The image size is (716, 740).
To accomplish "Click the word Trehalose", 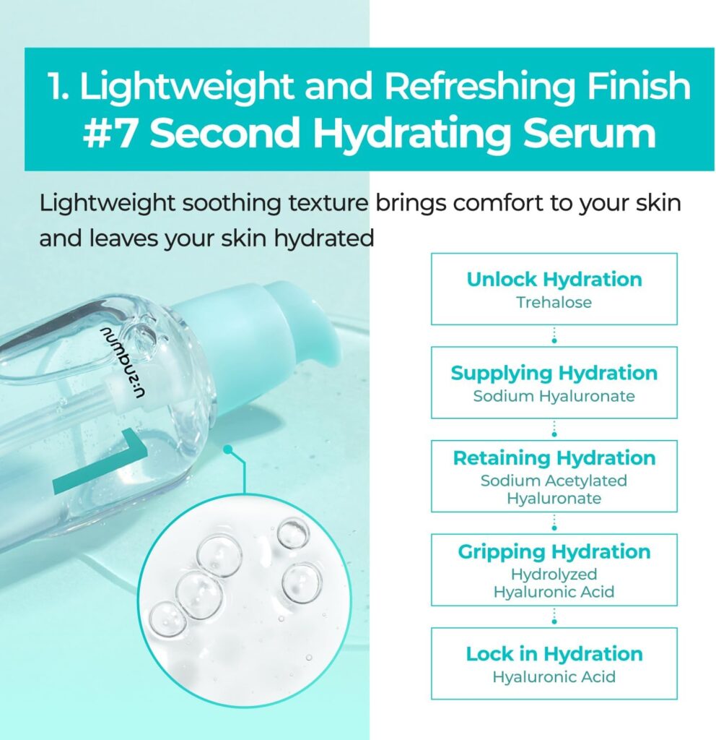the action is [554, 302].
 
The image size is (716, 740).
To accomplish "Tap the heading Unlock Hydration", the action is [554, 280].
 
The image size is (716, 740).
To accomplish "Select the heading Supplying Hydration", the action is [554, 374].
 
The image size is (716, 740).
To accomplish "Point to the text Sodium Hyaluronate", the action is [554, 396].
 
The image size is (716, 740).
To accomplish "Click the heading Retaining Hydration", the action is [554, 457].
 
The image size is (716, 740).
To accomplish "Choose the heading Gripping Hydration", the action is [554, 551].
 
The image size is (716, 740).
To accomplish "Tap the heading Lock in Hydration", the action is [554, 654].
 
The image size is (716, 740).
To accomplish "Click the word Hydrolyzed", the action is [554, 575].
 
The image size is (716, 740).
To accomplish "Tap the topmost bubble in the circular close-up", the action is [293, 533].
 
